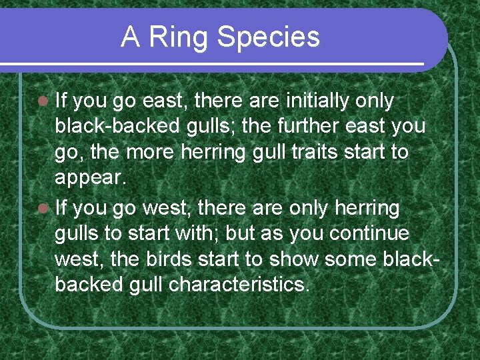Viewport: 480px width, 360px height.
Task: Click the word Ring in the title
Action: point(179,37)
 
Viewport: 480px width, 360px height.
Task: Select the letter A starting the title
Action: point(130,37)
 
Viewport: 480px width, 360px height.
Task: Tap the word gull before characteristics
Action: point(149,285)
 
